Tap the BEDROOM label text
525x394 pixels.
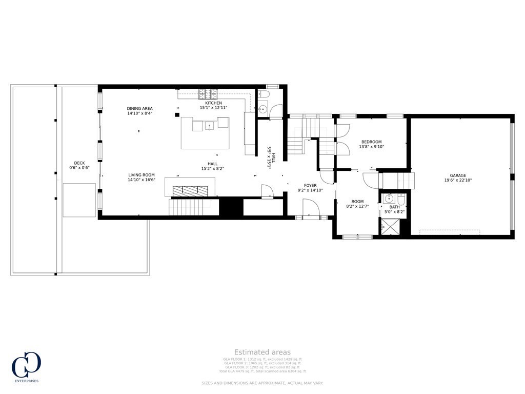coord(372,142)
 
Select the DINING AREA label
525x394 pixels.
coord(140,108)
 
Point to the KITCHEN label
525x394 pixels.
coord(213,103)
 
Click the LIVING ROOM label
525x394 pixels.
coord(142,175)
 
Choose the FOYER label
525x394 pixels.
coord(310,185)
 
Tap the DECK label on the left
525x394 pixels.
coord(79,163)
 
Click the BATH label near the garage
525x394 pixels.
coord(394,207)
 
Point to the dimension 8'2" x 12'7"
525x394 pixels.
coord(357,206)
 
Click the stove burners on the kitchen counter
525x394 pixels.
coord(208,93)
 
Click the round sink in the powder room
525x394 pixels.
coord(262,109)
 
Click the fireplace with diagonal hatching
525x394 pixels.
coord(190,190)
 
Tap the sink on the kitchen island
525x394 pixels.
coord(209,125)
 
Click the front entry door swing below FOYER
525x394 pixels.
coord(311,209)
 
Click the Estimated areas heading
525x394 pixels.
coord(262,352)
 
